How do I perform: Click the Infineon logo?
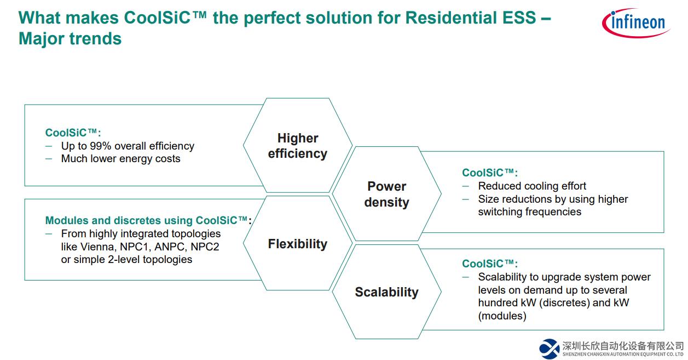pyautogui.click(x=636, y=23)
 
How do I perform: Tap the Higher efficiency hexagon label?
pyautogui.click(x=298, y=146)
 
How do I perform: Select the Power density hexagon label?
pyautogui.click(x=387, y=195)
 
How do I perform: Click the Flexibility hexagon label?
pyautogui.click(x=298, y=244)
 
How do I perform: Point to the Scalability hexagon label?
pyautogui.click(x=387, y=292)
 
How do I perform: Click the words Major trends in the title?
pyautogui.click(x=70, y=39)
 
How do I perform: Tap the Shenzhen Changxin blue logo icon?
pyautogui.click(x=549, y=349)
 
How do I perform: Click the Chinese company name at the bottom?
pyautogui.click(x=623, y=346)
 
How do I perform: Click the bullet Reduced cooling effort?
pyautogui.click(x=532, y=186)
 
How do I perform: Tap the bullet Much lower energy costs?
pyautogui.click(x=120, y=159)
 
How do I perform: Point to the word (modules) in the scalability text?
pyautogui.click(x=502, y=316)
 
